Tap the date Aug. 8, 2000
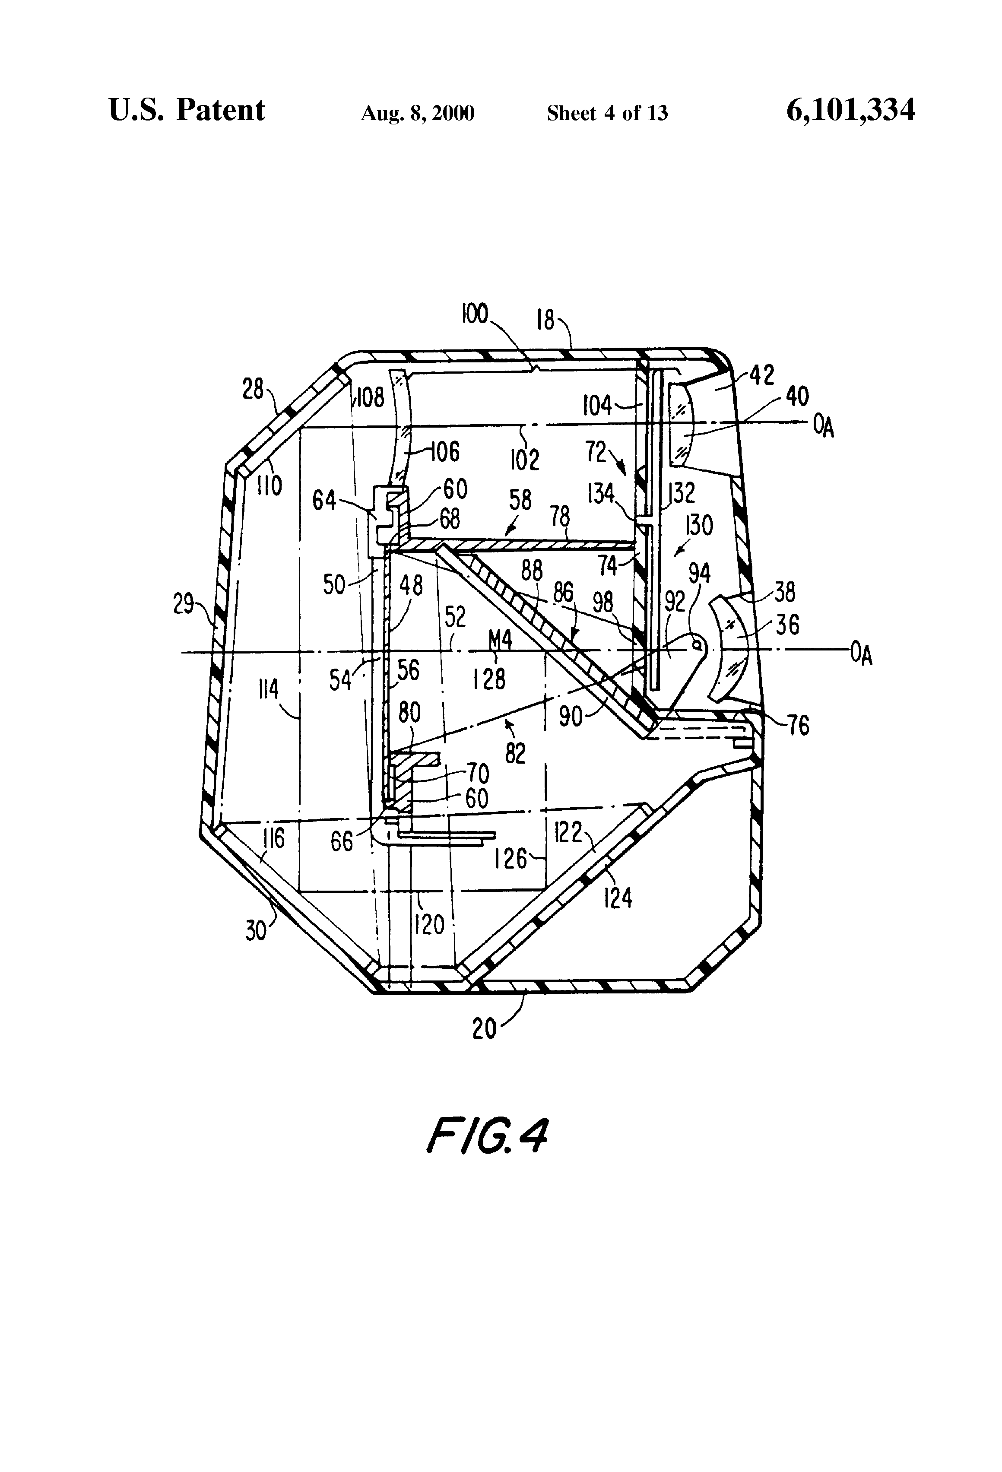417,113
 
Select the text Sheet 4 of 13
607,113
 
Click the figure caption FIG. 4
486,1136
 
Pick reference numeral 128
489,679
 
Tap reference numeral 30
256,931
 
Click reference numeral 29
184,605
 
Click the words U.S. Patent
187,110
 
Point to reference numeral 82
516,754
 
